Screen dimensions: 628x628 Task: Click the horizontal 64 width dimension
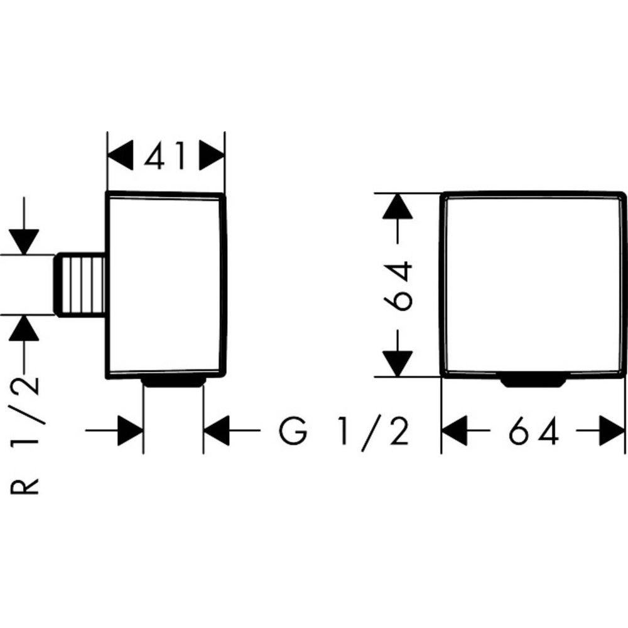tap(533, 431)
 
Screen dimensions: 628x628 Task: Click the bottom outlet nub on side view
tap(174, 381)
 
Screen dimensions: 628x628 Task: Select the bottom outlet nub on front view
tap(533, 379)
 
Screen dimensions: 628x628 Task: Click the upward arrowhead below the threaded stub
tap(24, 327)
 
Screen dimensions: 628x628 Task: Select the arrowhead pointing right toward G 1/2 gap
tap(131, 431)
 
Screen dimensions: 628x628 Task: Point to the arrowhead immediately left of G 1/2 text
tap(217, 431)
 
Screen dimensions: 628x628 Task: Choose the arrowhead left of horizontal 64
tap(455, 431)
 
